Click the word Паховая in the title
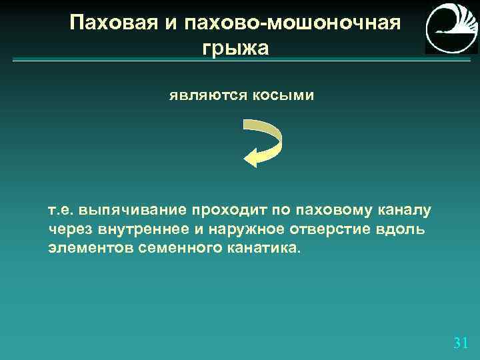tap(111, 23)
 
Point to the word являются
tap(207, 96)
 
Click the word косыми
tap(283, 96)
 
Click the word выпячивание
tap(133, 211)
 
